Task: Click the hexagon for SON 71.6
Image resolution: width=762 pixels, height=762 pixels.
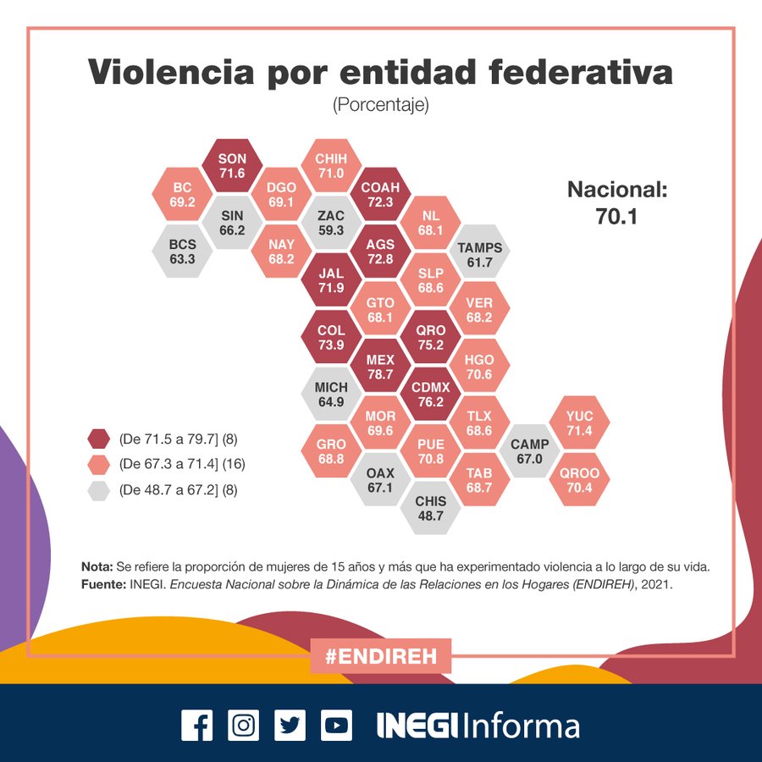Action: pyautogui.click(x=232, y=166)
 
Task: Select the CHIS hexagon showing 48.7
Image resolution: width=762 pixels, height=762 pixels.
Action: pyautogui.click(x=430, y=508)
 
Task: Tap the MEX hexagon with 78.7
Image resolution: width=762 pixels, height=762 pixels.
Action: pyautogui.click(x=380, y=366)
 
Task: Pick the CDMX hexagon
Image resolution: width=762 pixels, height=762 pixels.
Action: pyautogui.click(x=430, y=394)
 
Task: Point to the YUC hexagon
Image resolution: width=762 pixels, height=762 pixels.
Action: pyautogui.click(x=580, y=422)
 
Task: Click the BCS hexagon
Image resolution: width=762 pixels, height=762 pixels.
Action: pyautogui.click(x=182, y=251)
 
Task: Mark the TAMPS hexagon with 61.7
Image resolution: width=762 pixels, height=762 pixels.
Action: pyautogui.click(x=480, y=254)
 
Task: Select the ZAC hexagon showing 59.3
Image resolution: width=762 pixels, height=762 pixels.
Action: pyautogui.click(x=330, y=223)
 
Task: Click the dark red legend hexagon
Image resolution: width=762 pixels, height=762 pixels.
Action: pyautogui.click(x=100, y=439)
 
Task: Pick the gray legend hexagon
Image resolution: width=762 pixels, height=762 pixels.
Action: pyautogui.click(x=100, y=489)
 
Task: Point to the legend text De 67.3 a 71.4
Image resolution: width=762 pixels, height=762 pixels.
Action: pyautogui.click(x=181, y=464)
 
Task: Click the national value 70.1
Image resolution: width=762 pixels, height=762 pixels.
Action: pyautogui.click(x=617, y=217)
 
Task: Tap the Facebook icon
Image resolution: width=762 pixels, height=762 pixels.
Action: pyautogui.click(x=197, y=726)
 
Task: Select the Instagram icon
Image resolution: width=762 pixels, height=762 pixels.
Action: pyautogui.click(x=244, y=726)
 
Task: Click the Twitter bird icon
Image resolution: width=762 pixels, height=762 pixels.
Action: pyautogui.click(x=290, y=726)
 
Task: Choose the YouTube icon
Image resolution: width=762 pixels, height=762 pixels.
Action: pyautogui.click(x=336, y=726)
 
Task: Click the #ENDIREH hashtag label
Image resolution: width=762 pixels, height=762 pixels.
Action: pyautogui.click(x=380, y=655)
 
